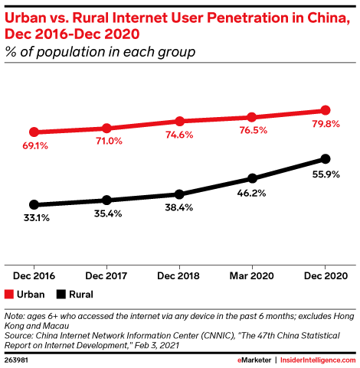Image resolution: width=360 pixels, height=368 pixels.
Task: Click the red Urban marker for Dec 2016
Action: (x=34, y=132)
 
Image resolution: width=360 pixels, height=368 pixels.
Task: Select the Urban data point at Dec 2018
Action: (x=179, y=121)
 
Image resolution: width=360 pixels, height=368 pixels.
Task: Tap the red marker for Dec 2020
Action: (x=326, y=110)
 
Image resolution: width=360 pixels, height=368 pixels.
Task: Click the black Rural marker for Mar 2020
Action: (x=252, y=178)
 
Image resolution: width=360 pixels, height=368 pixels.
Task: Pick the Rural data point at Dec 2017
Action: (x=106, y=200)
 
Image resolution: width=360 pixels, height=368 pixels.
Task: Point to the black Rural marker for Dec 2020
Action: (x=326, y=158)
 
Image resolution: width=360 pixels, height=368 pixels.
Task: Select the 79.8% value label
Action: (x=326, y=125)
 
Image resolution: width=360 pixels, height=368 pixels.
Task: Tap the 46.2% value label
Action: (x=252, y=194)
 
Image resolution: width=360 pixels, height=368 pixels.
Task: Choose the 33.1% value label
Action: (x=34, y=218)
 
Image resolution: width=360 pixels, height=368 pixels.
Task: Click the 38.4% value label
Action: (x=179, y=208)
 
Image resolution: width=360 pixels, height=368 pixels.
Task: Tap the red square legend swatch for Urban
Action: (x=9, y=293)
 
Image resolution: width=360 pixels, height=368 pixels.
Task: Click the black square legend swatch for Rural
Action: (x=61, y=293)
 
